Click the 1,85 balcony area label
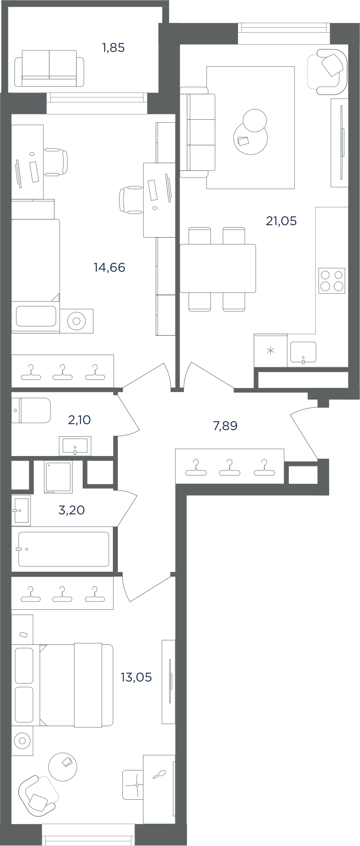point(113,48)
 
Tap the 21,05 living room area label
point(281,221)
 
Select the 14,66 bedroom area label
point(109,267)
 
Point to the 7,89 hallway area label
point(225,425)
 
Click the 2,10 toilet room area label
point(79,420)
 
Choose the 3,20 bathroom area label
point(72,510)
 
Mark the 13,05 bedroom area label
point(136,677)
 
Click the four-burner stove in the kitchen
point(331,281)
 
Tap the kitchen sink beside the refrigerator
point(303,352)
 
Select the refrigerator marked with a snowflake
point(270,350)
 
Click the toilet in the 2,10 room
point(31,410)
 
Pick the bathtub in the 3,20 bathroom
point(64,549)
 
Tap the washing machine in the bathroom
point(58,477)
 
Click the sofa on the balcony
point(49,68)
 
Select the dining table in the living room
point(218,268)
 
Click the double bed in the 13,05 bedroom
point(62,685)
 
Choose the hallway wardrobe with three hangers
point(230,466)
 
